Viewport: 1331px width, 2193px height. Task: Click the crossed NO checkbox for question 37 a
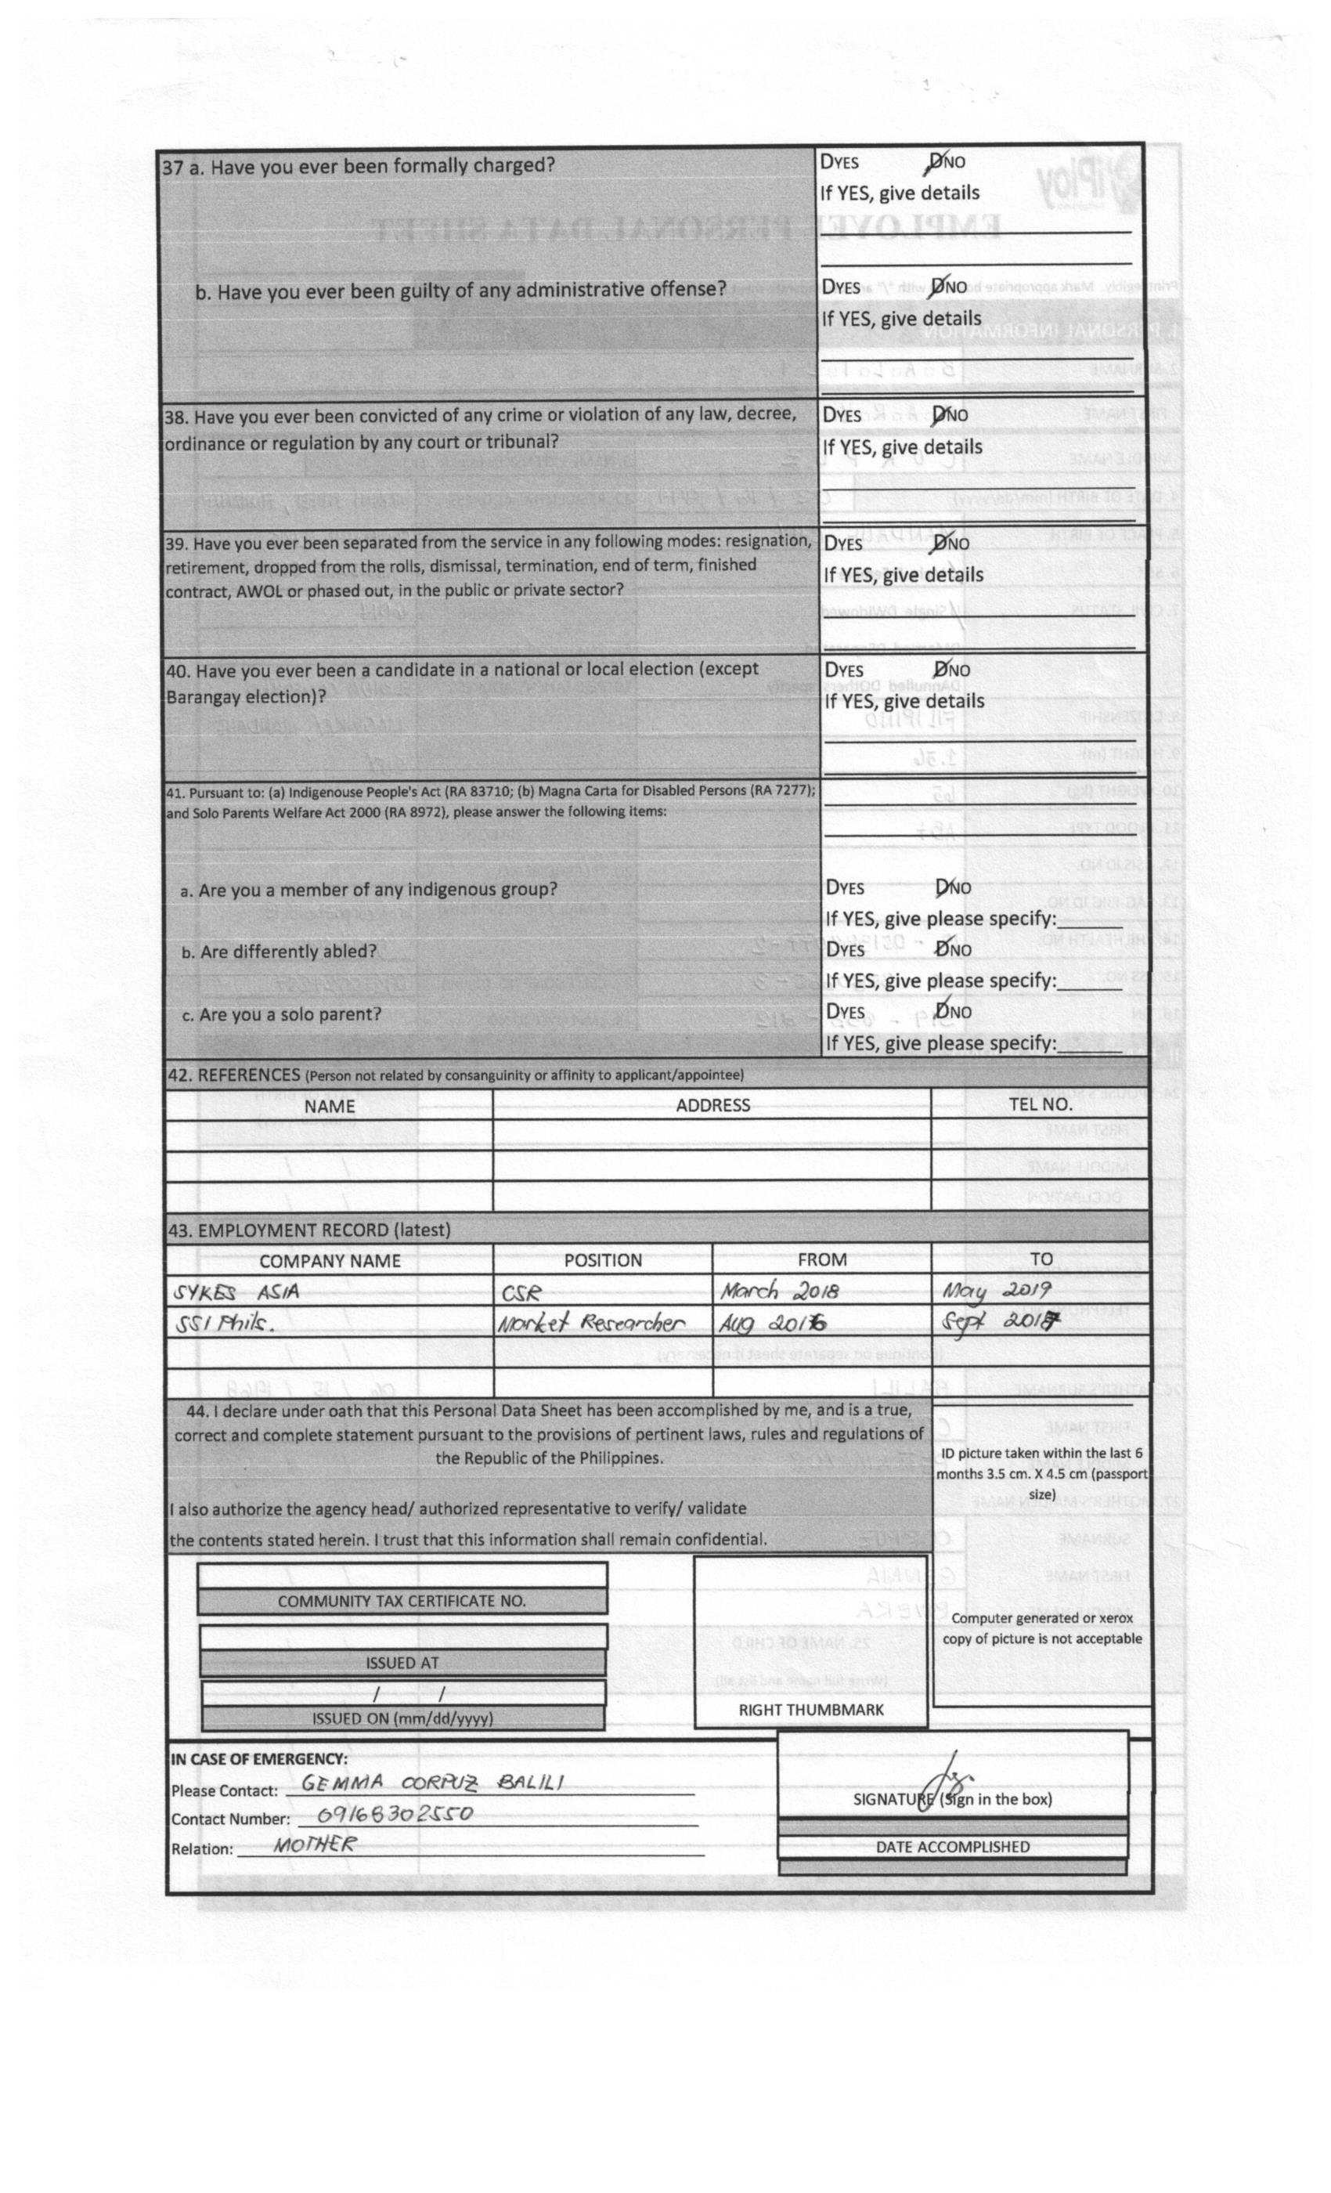click(x=936, y=162)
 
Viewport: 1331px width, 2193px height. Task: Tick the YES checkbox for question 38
click(x=828, y=416)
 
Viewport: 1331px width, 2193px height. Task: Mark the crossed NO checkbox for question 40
click(x=940, y=670)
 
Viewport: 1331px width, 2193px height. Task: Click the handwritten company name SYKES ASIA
click(x=236, y=1292)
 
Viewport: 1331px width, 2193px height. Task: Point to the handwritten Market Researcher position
click(x=591, y=1324)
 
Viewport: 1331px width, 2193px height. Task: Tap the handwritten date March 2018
click(x=778, y=1291)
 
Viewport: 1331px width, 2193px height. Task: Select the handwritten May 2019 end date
click(x=997, y=1290)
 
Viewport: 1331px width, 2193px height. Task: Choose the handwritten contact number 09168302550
click(x=395, y=1813)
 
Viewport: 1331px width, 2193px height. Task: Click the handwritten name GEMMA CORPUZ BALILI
click(x=431, y=1783)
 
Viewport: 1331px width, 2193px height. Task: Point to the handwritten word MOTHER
click(x=315, y=1844)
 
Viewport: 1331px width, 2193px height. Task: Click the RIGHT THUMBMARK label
click(x=810, y=1710)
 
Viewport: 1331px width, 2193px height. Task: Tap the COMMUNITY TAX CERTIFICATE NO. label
click(x=401, y=1601)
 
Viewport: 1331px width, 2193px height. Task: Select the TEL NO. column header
click(x=1040, y=1104)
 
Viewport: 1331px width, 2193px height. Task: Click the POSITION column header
click(x=602, y=1260)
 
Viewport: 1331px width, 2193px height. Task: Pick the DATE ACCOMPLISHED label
click(x=952, y=1847)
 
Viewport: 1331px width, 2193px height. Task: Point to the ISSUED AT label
click(x=401, y=1663)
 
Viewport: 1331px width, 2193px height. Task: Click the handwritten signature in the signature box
click(x=943, y=1783)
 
